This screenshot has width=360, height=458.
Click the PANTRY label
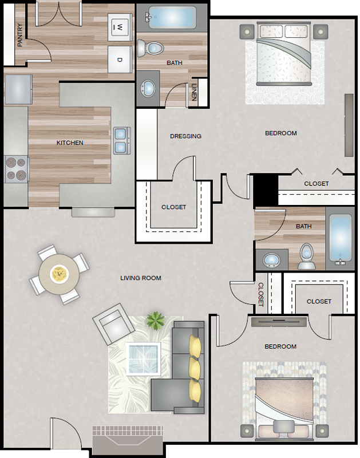pos(20,35)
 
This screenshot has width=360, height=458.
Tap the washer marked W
pos(120,27)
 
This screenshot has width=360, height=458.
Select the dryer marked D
pos(120,60)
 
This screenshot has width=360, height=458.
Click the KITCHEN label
pos(70,143)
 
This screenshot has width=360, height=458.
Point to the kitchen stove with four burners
pos(17,169)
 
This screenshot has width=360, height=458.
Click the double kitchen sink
pos(121,140)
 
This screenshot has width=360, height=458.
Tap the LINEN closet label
pos(195,92)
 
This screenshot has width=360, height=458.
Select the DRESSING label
pos(185,136)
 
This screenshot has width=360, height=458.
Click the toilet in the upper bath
pos(150,48)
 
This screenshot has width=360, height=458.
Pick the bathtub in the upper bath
pos(172,18)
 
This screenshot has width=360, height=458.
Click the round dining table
pos(59,274)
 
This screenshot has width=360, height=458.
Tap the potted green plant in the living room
pos(156,320)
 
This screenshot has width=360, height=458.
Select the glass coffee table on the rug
pos(143,359)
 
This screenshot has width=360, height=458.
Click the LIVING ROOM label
pos(141,278)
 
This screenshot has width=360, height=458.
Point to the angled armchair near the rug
pos(113,323)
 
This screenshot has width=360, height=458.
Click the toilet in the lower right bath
pos(306,256)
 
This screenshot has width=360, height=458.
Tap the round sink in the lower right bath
pos(271,260)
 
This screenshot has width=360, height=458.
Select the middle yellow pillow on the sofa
pos(195,368)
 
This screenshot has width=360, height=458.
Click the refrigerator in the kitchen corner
pos(18,89)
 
